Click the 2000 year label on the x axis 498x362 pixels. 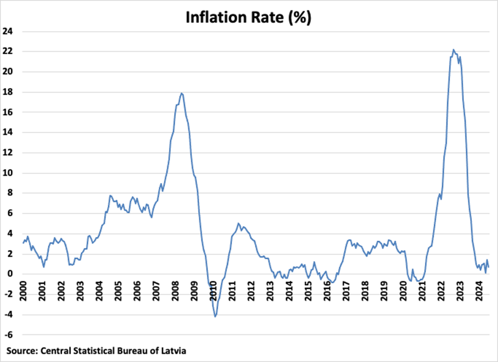click(23, 290)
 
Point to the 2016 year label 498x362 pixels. click(327, 290)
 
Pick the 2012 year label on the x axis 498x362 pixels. click(251, 290)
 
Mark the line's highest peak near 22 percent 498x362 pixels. click(453, 50)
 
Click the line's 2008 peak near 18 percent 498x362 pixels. click(182, 93)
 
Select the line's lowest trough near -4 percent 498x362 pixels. click(215, 317)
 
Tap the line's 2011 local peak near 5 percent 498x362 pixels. click(238, 223)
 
